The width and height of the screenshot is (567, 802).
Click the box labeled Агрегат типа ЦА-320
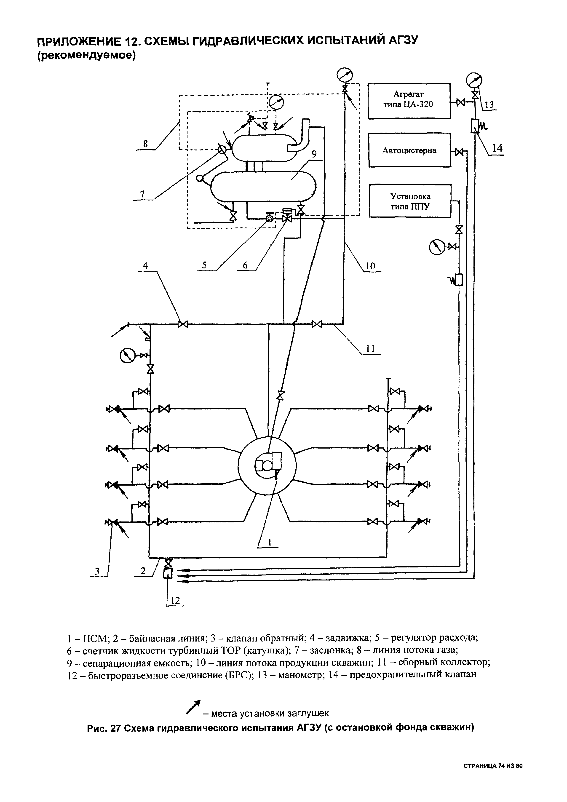click(x=409, y=101)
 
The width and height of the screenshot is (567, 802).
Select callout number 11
click(x=370, y=348)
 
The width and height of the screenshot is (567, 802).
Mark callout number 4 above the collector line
click(x=145, y=265)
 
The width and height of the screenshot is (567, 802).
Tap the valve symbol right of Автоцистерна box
click(x=459, y=152)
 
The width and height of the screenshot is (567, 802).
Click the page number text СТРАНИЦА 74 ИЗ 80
click(x=493, y=765)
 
